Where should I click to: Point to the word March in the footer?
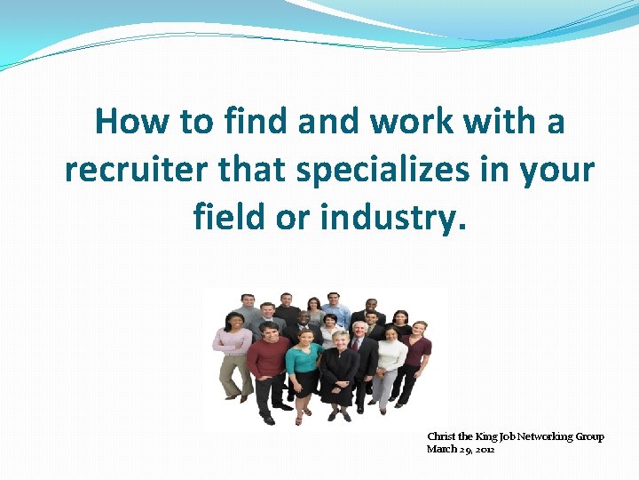pyautogui.click(x=441, y=449)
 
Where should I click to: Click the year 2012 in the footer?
pyautogui.click(x=484, y=449)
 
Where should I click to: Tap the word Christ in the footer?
pyautogui.click(x=441, y=436)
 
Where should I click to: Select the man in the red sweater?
pyautogui.click(x=267, y=364)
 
